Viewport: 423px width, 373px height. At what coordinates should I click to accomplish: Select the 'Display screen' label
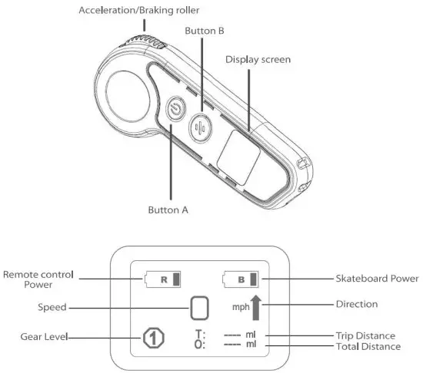coord(257,60)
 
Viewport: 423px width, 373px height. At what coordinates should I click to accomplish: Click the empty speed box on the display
coord(200,309)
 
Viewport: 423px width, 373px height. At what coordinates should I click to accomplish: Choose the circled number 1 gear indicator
coord(153,337)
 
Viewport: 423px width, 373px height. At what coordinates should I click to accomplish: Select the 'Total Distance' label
coord(368,347)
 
